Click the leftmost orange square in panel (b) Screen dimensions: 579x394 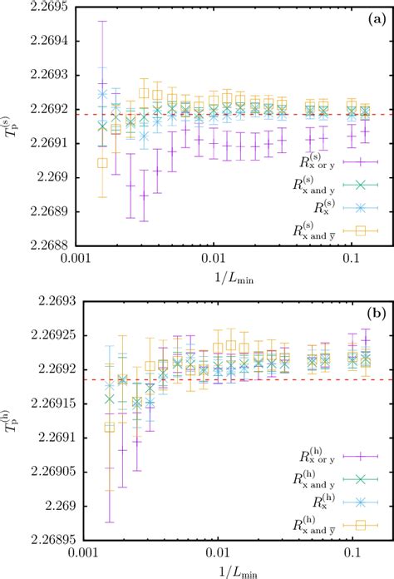pos(109,427)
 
